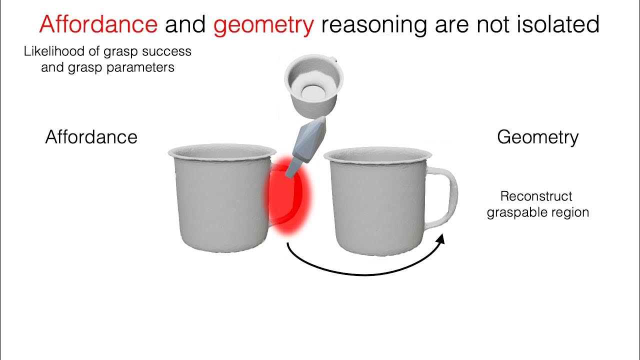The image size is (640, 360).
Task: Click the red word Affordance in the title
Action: click(98, 24)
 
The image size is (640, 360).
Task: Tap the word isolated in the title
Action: click(560, 24)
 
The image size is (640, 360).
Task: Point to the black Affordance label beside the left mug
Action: click(91, 137)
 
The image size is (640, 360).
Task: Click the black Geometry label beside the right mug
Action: click(537, 137)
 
